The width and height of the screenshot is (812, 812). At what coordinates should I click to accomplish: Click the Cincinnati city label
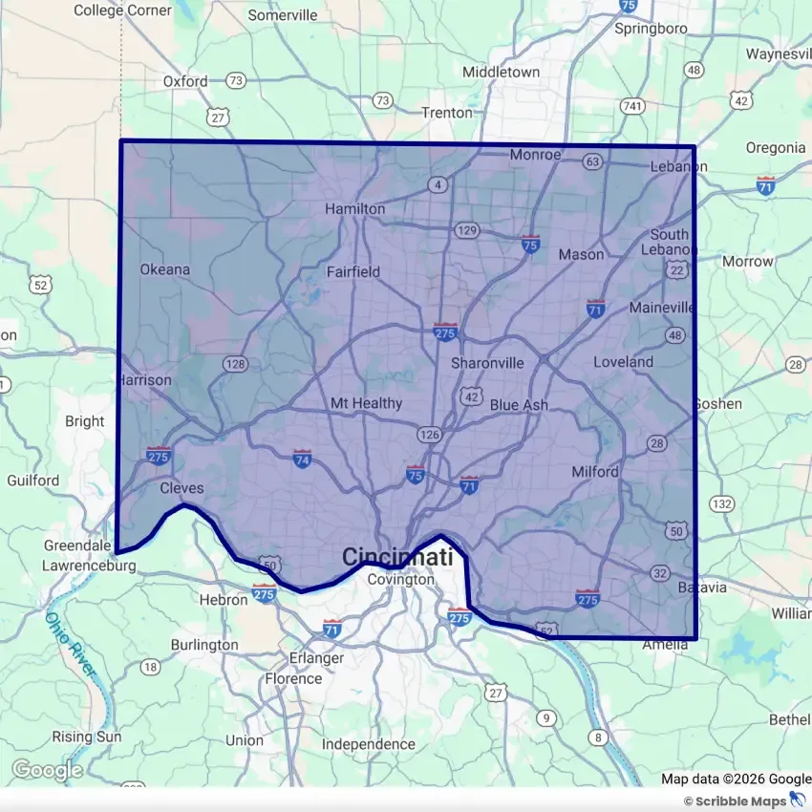[x=397, y=557]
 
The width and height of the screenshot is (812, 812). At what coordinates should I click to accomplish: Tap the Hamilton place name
[x=354, y=208]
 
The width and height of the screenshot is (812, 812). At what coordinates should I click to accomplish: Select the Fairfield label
[x=353, y=271]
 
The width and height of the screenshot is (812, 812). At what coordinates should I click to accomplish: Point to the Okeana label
[x=165, y=269]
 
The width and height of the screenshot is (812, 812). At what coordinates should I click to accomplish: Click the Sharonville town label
[x=487, y=363]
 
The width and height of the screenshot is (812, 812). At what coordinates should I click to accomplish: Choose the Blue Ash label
[x=519, y=405]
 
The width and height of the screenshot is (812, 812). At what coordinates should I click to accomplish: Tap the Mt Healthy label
[x=366, y=403]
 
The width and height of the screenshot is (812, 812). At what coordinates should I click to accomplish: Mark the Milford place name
[x=595, y=472]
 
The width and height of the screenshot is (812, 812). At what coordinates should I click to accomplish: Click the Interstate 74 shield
[x=303, y=459]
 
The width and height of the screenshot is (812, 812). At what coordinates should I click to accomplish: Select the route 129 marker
[x=467, y=230]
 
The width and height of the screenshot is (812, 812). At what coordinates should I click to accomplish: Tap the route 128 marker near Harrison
[x=235, y=364]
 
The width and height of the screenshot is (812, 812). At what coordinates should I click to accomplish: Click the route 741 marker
[x=631, y=105]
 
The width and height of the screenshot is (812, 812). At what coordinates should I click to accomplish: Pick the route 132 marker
[x=722, y=503]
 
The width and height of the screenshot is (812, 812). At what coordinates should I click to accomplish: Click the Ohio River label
[x=72, y=646]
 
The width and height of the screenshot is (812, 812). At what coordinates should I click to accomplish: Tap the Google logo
[x=47, y=770]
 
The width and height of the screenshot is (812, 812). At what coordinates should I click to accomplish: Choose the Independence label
[x=368, y=744]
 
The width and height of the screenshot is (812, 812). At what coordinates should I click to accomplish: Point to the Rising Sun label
[x=86, y=737]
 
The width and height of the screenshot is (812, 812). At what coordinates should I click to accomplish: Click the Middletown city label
[x=501, y=72]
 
